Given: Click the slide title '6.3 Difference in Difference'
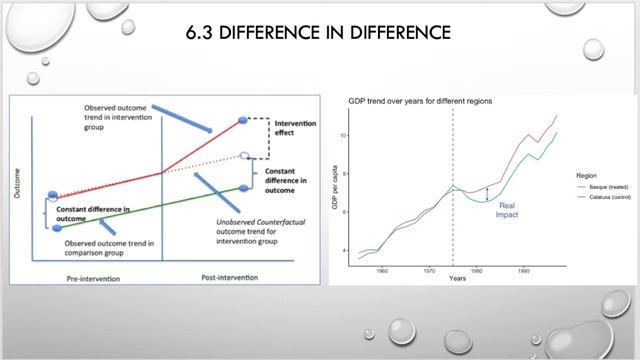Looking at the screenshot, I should point(319,34).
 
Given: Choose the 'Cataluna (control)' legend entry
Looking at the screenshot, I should point(601,197).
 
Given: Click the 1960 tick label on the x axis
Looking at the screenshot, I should point(381,269).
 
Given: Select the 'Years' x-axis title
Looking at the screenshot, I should point(456,278).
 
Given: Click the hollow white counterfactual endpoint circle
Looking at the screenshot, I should point(245,156).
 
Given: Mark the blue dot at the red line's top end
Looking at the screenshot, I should point(244,120).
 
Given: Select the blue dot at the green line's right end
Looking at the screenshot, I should point(244,187).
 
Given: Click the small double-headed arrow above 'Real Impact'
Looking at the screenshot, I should point(488,194).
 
